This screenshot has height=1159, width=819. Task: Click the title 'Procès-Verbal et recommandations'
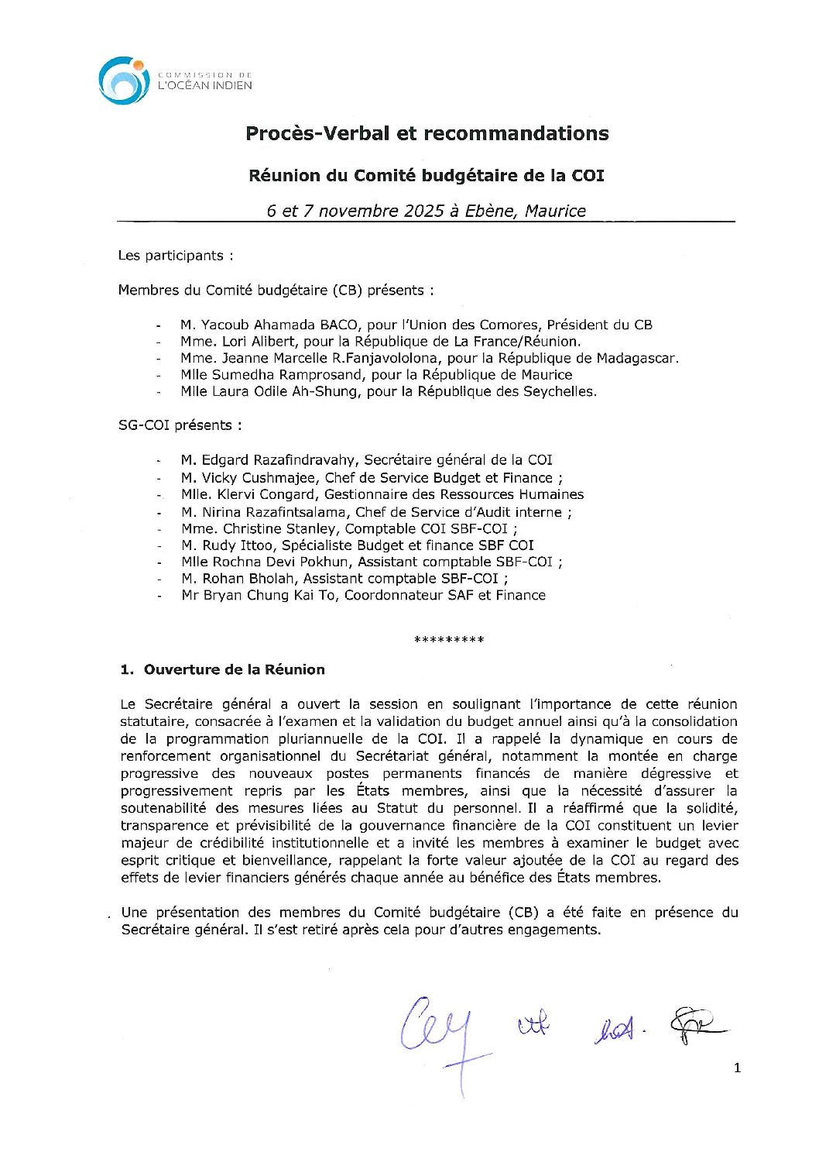click(x=427, y=133)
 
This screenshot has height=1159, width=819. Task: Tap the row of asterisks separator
click(x=449, y=640)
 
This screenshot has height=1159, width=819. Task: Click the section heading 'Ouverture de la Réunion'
click(x=234, y=669)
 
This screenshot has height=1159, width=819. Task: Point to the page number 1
click(x=737, y=1068)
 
